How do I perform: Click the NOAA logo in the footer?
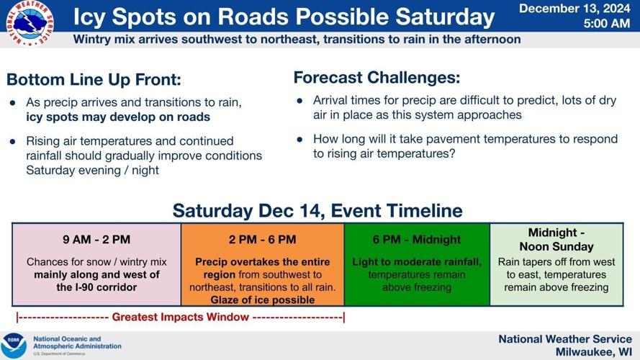pos(13,345)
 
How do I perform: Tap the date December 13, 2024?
pos(574,9)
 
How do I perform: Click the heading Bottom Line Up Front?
pos(94,80)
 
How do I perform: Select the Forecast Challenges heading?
pos(377,77)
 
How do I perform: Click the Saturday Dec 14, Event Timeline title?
pos(317,211)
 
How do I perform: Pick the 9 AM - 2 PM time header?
pos(96,240)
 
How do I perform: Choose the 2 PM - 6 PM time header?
pos(263,240)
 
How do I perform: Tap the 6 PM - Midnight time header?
pos(417,240)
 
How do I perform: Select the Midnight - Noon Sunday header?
pos(556,238)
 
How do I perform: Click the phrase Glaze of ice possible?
pos(263,300)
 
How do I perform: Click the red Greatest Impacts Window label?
pos(181,317)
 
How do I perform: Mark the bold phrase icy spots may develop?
pos(118,117)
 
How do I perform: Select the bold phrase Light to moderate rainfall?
pos(417,262)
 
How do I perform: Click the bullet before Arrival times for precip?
pos(299,101)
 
